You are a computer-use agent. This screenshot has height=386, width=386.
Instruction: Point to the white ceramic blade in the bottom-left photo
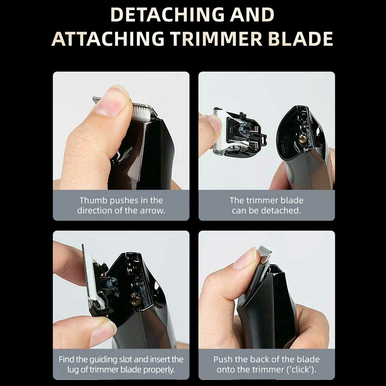(x=91, y=279)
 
